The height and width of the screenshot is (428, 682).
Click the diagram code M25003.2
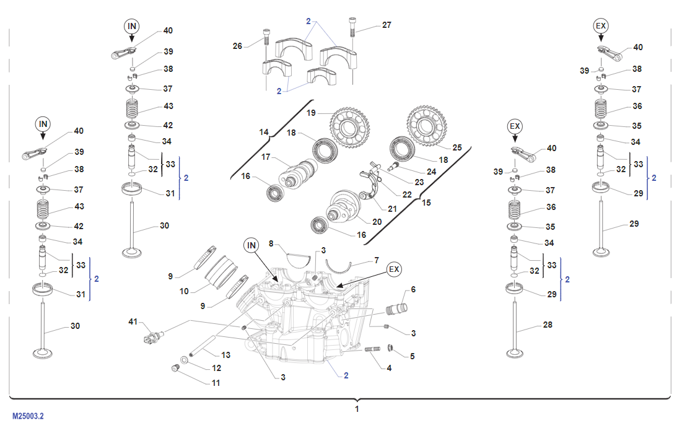click(28, 417)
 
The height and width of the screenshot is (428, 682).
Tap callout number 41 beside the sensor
click(133, 321)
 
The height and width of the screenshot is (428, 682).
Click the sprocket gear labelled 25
click(427, 126)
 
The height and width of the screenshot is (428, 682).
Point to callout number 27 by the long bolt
click(387, 25)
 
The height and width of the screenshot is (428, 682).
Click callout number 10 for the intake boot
click(184, 290)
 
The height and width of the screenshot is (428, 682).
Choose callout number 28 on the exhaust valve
click(547, 325)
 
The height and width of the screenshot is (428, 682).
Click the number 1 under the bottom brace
click(357, 409)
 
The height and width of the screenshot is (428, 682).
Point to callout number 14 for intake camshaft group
click(264, 132)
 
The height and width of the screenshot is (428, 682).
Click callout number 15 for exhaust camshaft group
click(426, 203)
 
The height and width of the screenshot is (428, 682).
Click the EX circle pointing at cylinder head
click(394, 269)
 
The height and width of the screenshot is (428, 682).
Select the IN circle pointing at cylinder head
click(251, 245)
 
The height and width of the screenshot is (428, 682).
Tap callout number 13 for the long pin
click(226, 355)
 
